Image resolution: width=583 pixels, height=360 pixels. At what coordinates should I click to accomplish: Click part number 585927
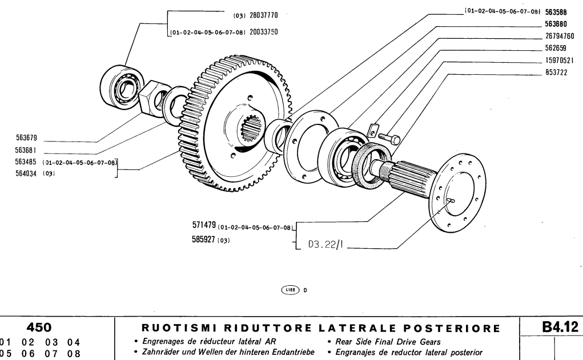204,240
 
